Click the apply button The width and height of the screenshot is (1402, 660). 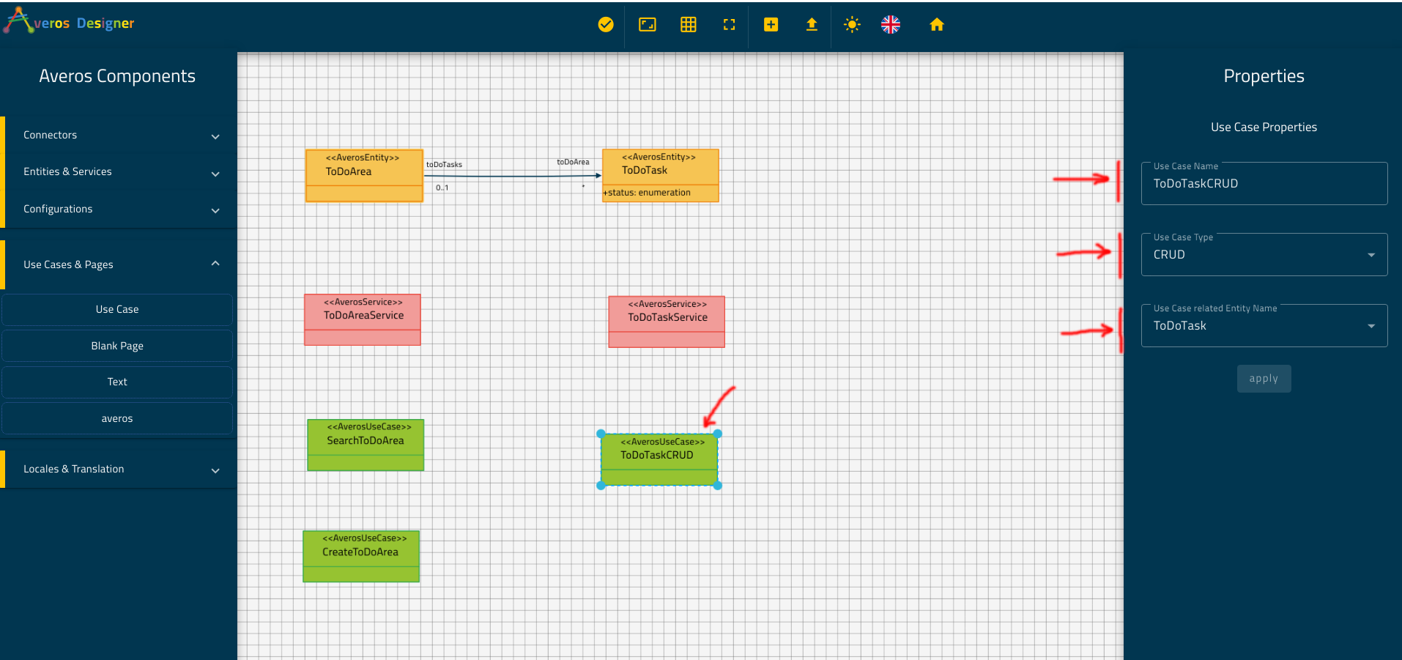(x=1264, y=379)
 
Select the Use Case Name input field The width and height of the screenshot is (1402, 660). (x=1264, y=183)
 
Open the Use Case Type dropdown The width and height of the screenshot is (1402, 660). (x=1264, y=254)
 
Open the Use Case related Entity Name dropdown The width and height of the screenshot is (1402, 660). (x=1264, y=325)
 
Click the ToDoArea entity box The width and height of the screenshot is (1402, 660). (x=364, y=176)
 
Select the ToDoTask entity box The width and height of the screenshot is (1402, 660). (x=660, y=175)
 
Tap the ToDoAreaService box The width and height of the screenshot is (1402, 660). (x=363, y=319)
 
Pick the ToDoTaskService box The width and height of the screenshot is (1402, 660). (x=667, y=322)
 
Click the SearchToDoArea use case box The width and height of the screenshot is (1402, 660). (x=366, y=445)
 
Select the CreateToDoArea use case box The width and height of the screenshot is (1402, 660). (x=361, y=557)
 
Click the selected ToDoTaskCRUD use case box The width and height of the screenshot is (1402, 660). (x=659, y=460)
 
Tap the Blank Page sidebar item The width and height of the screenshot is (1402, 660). (x=117, y=346)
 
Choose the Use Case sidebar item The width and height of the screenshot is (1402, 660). (x=117, y=309)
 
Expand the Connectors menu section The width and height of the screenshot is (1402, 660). (x=120, y=136)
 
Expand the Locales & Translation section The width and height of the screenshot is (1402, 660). (x=120, y=469)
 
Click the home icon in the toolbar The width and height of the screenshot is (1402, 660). (x=936, y=25)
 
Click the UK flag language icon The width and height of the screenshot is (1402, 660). (x=891, y=25)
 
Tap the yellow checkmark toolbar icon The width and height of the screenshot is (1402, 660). (x=606, y=25)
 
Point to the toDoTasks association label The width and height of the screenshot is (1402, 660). (x=444, y=165)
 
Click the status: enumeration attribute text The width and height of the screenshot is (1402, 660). (x=647, y=193)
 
